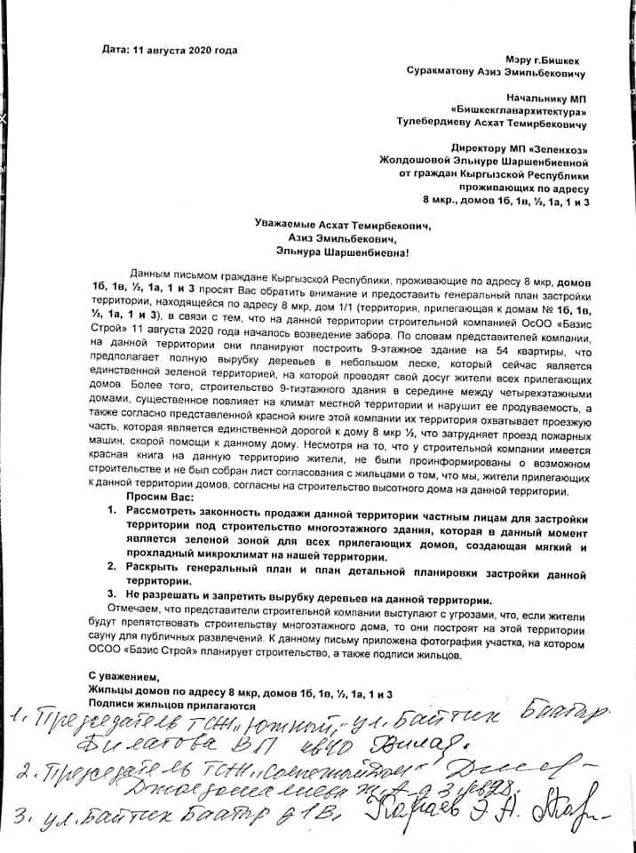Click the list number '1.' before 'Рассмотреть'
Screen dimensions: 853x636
point(112,514)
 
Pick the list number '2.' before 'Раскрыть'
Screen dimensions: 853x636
point(112,565)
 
